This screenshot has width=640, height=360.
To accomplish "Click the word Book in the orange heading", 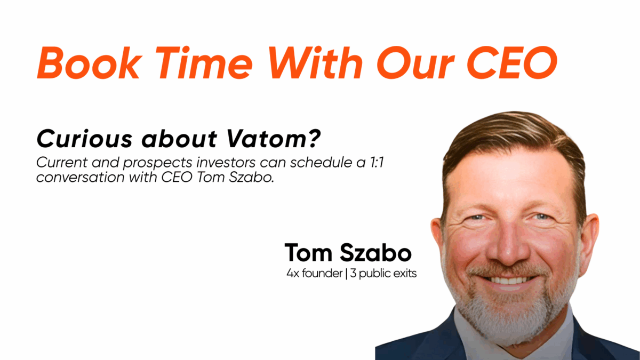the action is (x=89, y=62).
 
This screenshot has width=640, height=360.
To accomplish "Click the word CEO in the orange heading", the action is (x=512, y=62).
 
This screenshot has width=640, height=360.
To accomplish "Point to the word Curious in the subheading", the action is (x=84, y=139).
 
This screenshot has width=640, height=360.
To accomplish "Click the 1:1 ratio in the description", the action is (x=377, y=163).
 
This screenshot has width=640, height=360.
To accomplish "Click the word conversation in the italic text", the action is (x=81, y=178).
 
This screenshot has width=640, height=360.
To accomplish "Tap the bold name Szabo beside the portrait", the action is (x=375, y=253).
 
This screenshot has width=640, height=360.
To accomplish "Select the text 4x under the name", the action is (x=293, y=274).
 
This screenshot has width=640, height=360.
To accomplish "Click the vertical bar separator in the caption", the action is (x=346, y=274).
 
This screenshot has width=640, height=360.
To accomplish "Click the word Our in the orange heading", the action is (x=415, y=62).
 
